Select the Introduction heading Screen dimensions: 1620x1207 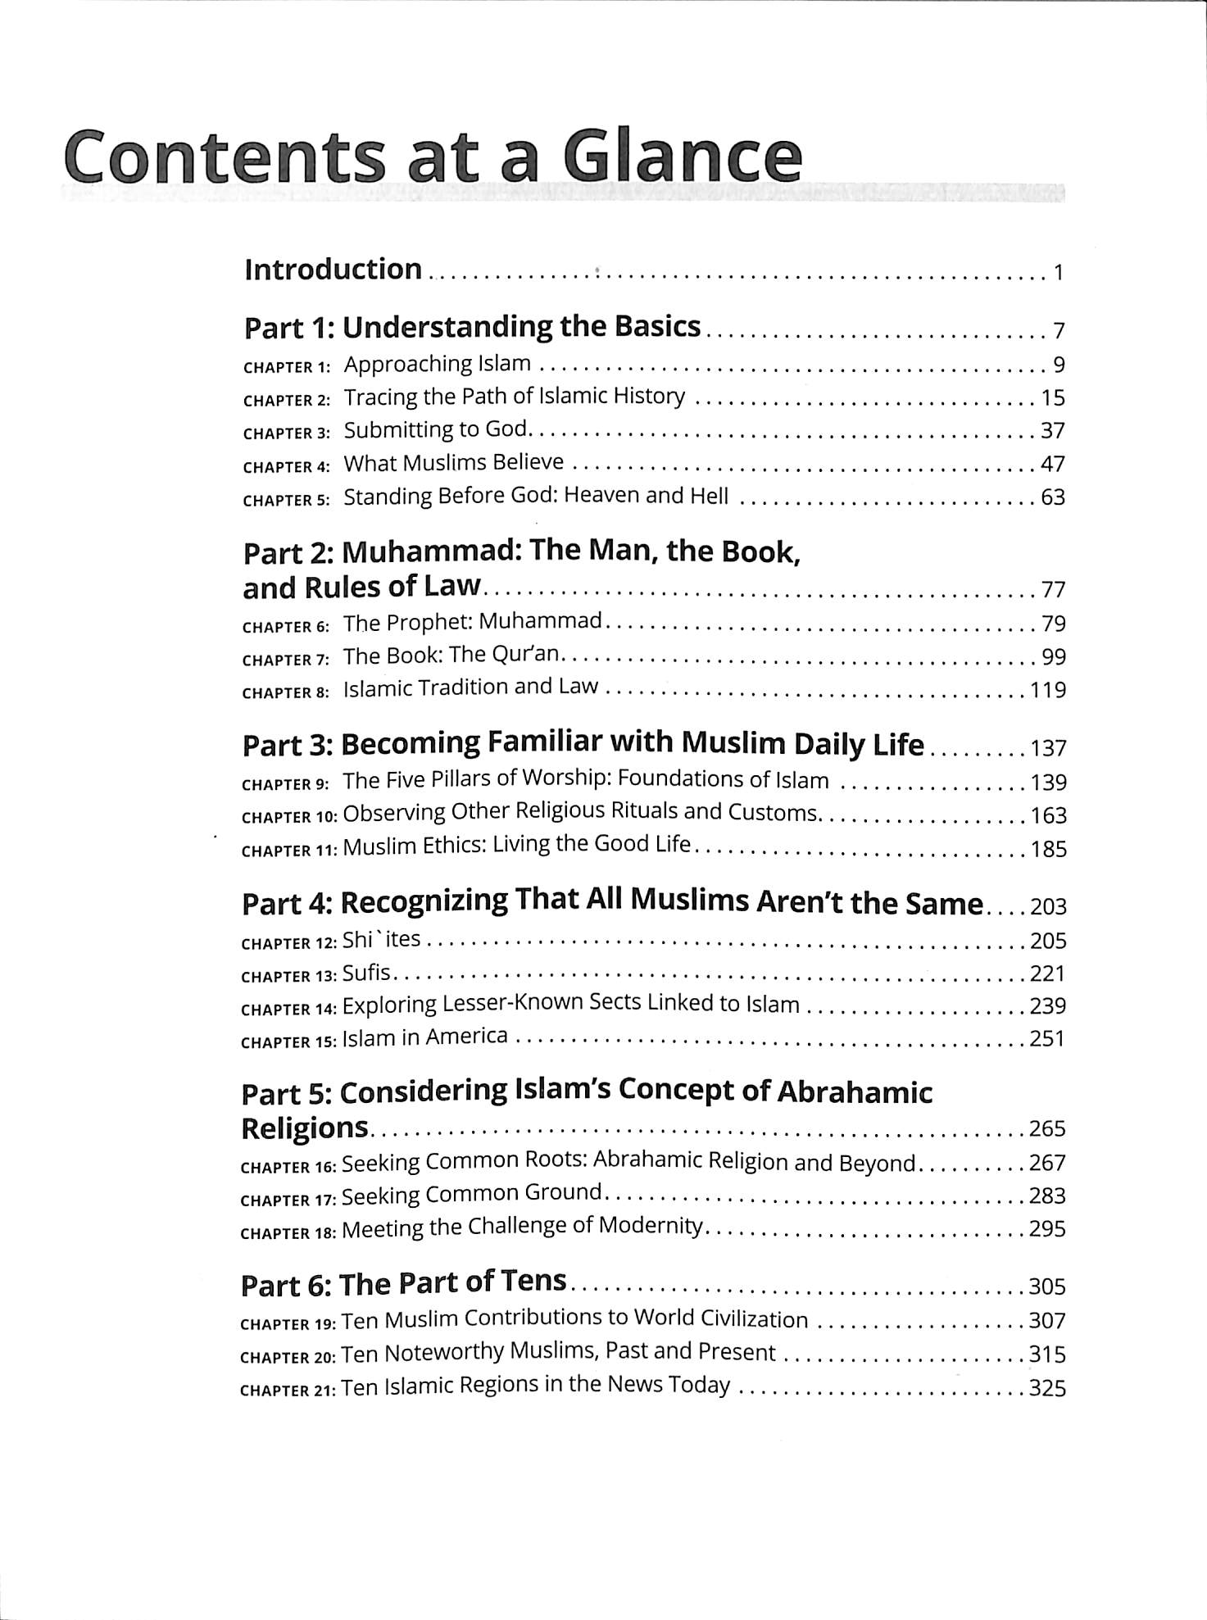(x=333, y=270)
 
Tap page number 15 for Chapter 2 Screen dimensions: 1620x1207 (x=1052, y=398)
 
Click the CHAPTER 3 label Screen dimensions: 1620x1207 (x=286, y=433)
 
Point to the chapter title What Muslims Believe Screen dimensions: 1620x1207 (x=453, y=463)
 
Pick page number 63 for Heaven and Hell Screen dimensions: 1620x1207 (x=1052, y=497)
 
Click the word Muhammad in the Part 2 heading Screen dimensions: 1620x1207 (x=431, y=552)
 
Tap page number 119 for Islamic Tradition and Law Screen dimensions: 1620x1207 (x=1048, y=690)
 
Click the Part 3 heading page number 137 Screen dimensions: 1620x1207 (x=1048, y=748)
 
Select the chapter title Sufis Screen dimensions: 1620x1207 (x=366, y=973)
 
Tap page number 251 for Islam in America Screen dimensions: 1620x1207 (x=1047, y=1039)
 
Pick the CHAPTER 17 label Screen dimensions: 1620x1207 (x=288, y=1200)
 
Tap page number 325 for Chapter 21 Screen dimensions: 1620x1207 (x=1047, y=1389)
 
